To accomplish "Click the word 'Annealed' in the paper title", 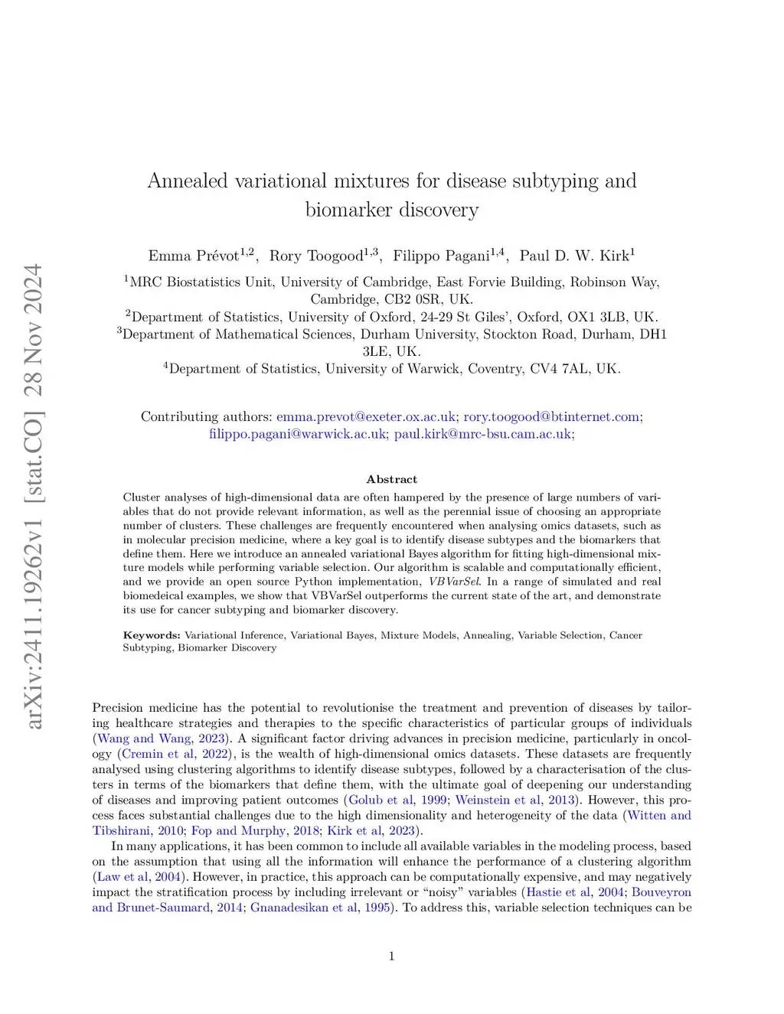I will (x=187, y=181).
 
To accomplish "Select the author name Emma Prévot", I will (x=194, y=256).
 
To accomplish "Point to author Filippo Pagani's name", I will (x=441, y=256).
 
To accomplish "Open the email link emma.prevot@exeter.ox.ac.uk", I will (x=366, y=417).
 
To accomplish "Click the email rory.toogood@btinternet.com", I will (x=551, y=417).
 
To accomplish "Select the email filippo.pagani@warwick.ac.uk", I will (x=298, y=434).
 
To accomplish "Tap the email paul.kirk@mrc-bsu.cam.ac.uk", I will (x=482, y=434).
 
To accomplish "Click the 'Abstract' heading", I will (x=391, y=480).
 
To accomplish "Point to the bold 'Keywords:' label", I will (x=152, y=635).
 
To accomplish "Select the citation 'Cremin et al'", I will (x=158, y=754).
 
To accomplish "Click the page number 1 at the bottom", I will (x=391, y=956).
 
